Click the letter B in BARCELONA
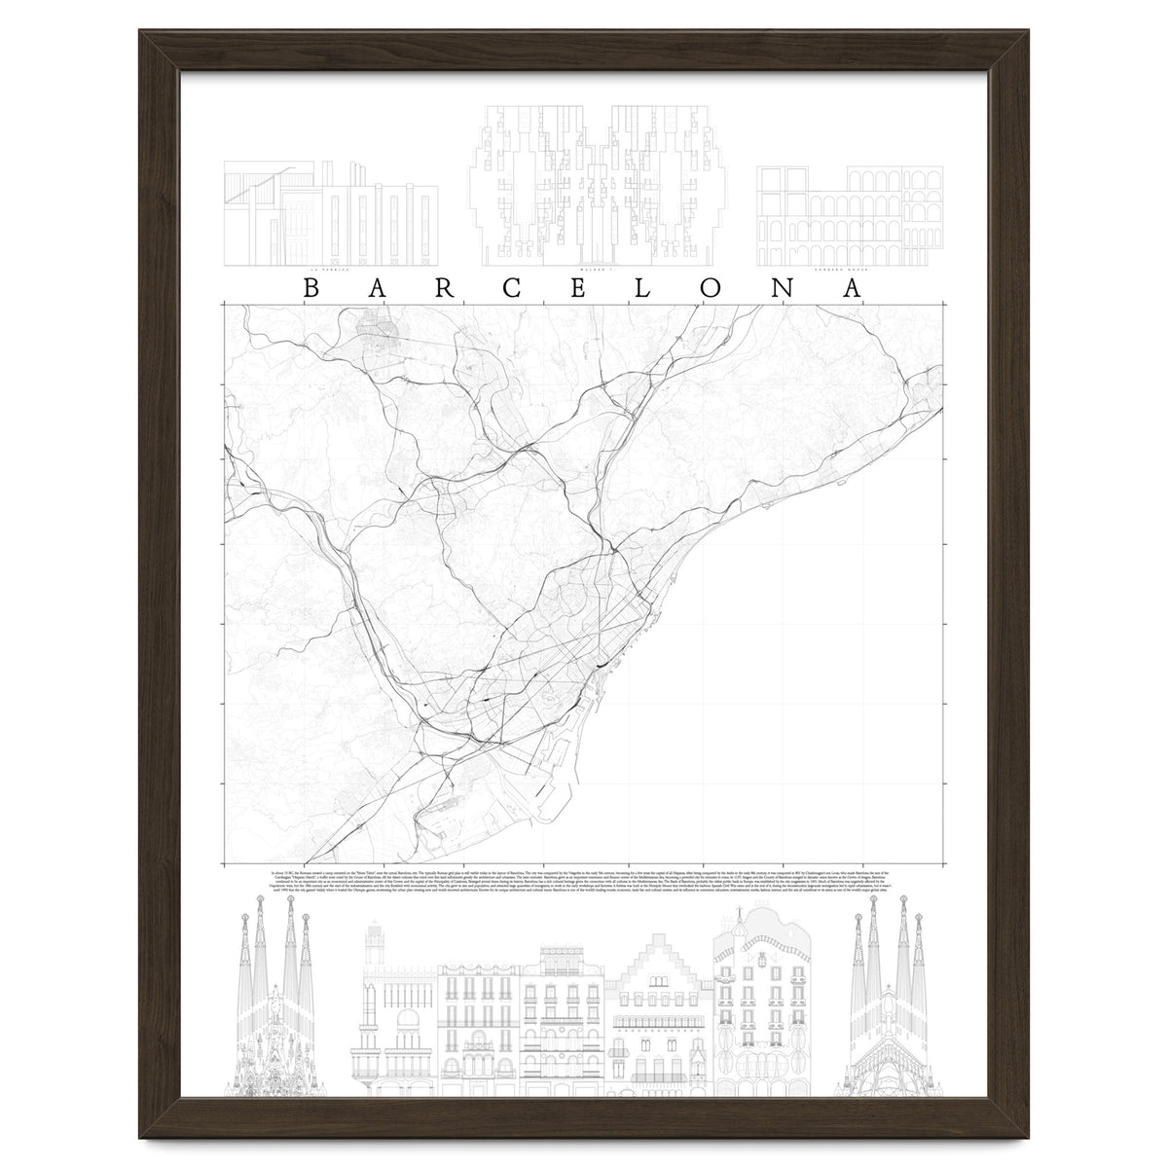[x=310, y=288]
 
